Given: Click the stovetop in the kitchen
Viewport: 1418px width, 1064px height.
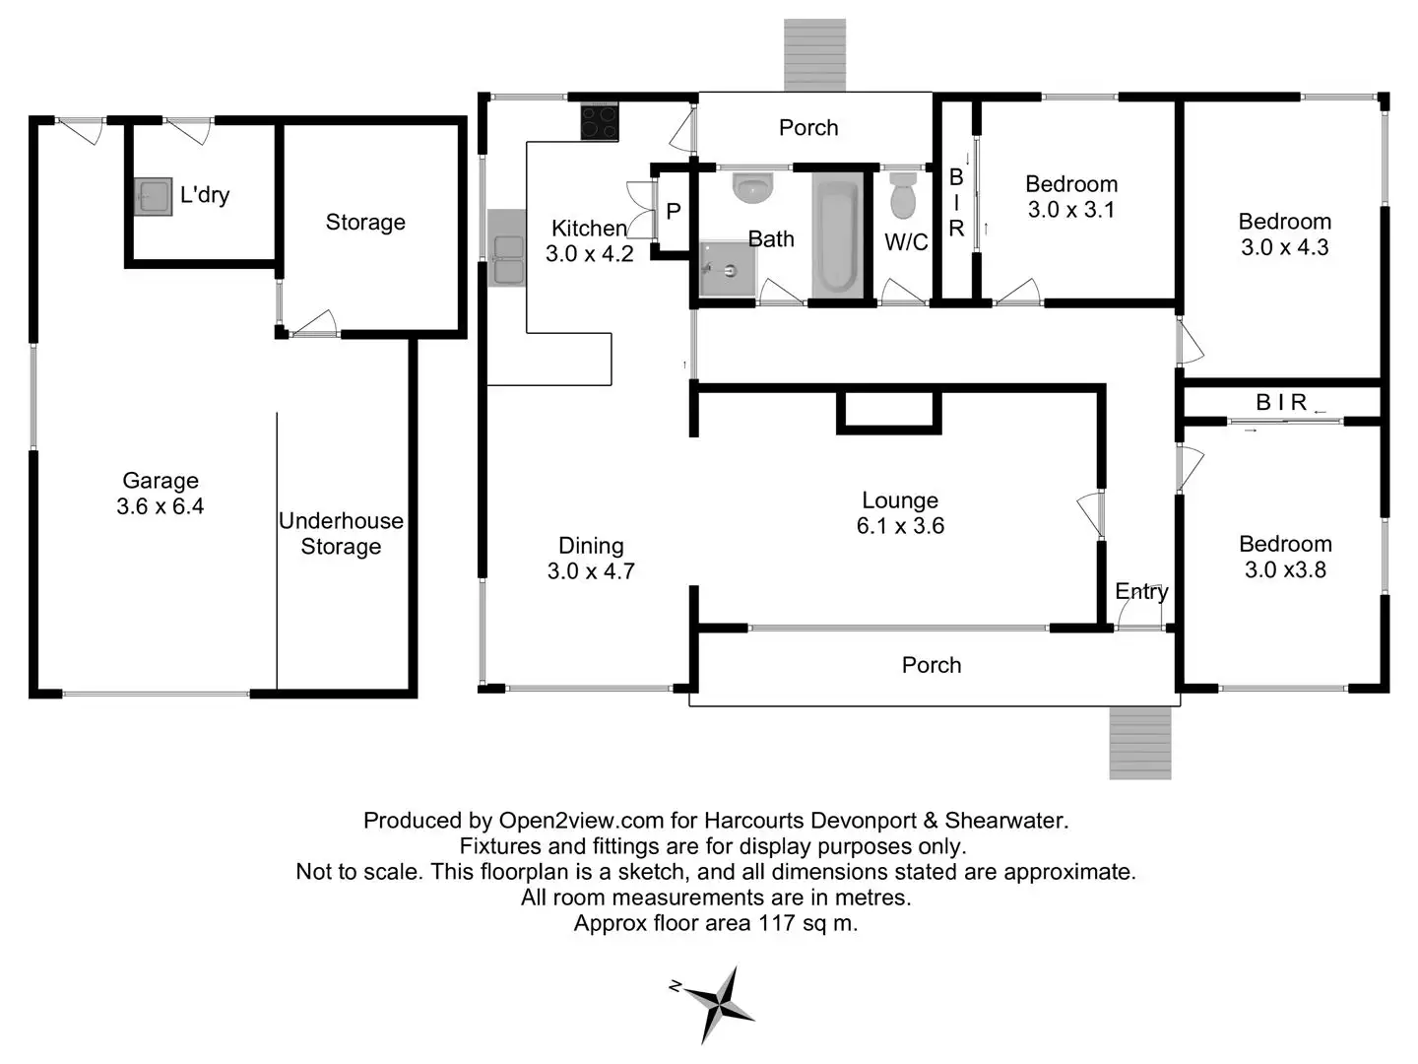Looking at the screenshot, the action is pyautogui.click(x=600, y=121).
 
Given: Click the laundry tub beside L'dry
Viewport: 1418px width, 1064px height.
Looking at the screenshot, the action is pyautogui.click(x=153, y=196).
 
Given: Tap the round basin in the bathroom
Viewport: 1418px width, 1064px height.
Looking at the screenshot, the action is pyautogui.click(x=752, y=187).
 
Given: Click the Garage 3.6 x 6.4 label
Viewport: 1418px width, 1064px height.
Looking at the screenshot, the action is pyautogui.click(x=161, y=493).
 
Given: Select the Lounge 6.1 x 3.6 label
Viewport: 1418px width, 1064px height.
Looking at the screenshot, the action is pyautogui.click(x=900, y=513).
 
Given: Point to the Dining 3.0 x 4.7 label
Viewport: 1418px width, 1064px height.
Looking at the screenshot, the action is pyautogui.click(x=591, y=559).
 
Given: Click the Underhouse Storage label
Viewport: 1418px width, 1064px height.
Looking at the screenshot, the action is pyautogui.click(x=341, y=534).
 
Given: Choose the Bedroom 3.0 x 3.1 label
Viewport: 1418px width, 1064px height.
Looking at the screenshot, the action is pyautogui.click(x=1071, y=196).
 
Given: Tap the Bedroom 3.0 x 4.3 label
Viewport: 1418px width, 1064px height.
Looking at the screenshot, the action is pyautogui.click(x=1285, y=233).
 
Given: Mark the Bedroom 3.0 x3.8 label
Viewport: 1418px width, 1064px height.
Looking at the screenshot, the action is pyautogui.click(x=1286, y=557).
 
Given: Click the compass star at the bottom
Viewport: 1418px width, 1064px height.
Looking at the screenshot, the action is pyautogui.click(x=719, y=1003).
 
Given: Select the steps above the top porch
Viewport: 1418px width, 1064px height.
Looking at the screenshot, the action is pyautogui.click(x=814, y=55).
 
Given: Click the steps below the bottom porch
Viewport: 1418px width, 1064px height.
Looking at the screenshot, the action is pyautogui.click(x=1140, y=743).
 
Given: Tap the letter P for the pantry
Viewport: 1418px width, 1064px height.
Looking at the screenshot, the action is pyautogui.click(x=674, y=211).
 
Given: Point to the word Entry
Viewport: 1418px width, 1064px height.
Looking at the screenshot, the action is pyautogui.click(x=1141, y=592).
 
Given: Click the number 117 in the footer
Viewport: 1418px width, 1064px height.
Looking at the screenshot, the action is pyautogui.click(x=777, y=922).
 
